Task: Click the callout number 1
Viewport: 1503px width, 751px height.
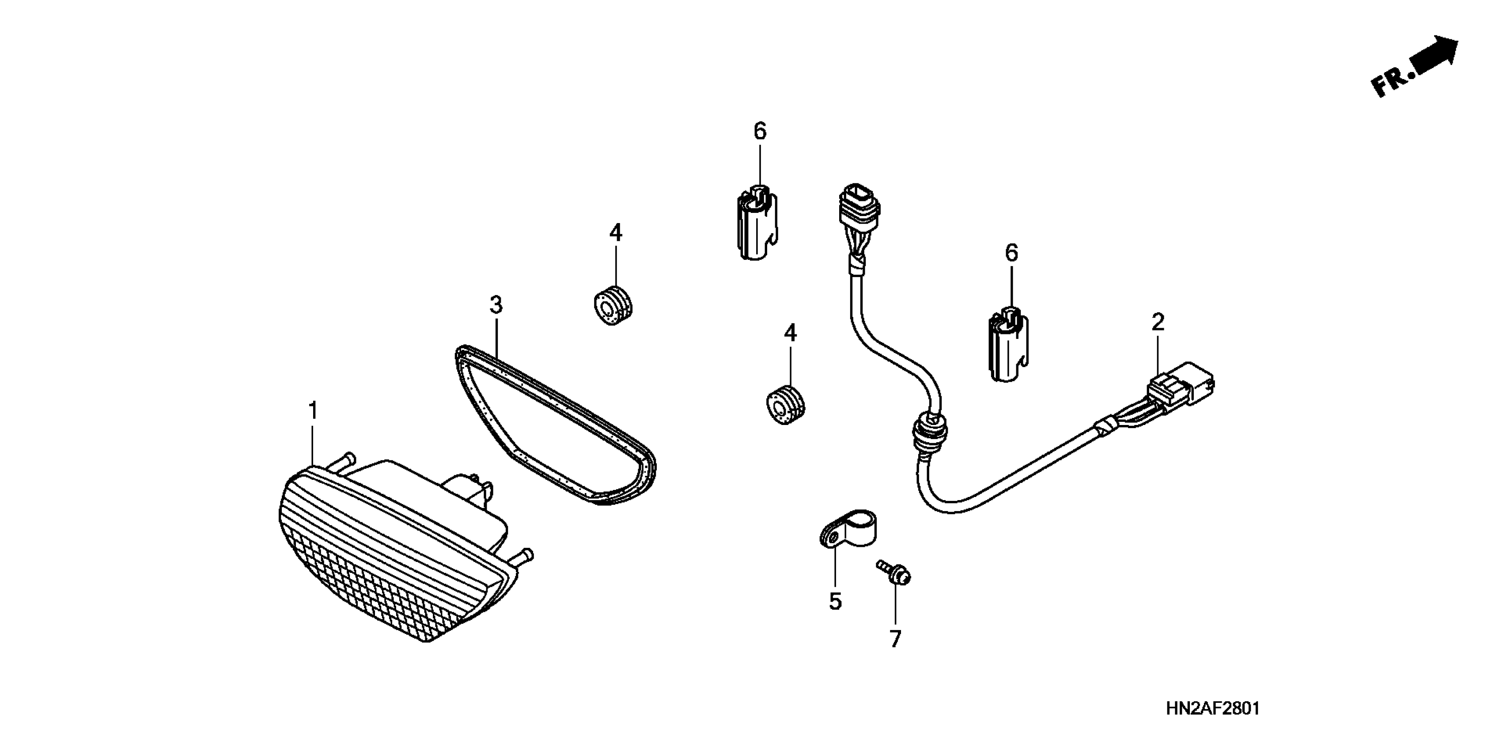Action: (x=313, y=411)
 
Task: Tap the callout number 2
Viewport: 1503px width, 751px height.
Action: (x=1158, y=322)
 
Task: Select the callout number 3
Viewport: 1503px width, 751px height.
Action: (x=496, y=305)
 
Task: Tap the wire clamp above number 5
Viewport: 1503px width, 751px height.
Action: (x=849, y=527)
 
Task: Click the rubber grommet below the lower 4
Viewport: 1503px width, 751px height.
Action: (x=785, y=404)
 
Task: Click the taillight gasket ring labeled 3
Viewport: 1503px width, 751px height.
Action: (x=554, y=426)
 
